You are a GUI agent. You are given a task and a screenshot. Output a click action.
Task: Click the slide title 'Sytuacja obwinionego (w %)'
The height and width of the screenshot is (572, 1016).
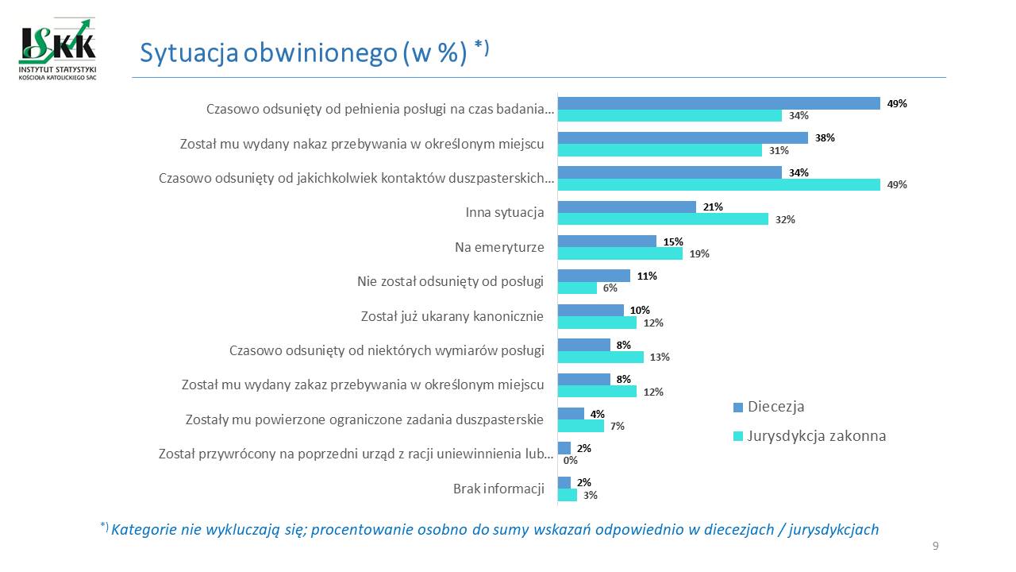(x=302, y=52)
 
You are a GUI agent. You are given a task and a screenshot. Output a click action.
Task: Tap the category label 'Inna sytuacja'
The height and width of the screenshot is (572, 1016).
(x=504, y=213)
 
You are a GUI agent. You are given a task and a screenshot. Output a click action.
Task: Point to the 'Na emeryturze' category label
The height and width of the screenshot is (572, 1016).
(x=499, y=247)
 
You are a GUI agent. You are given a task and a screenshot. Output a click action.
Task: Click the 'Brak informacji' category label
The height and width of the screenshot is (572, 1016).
(x=498, y=489)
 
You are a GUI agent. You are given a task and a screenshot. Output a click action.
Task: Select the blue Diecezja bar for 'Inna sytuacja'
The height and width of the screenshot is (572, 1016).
(x=627, y=207)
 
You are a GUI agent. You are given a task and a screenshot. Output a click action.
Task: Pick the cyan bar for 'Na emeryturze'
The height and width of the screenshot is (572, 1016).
(x=620, y=253)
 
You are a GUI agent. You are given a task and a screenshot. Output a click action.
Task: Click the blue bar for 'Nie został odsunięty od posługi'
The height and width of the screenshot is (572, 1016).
(x=594, y=276)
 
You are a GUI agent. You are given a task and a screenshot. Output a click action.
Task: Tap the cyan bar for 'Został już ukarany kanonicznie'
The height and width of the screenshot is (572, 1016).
(x=597, y=323)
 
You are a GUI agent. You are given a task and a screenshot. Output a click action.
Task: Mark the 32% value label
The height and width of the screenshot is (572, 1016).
(x=786, y=219)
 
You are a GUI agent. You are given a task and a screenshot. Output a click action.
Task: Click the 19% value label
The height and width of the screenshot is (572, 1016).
(x=699, y=254)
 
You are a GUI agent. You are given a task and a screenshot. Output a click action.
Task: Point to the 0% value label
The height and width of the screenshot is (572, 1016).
(x=569, y=460)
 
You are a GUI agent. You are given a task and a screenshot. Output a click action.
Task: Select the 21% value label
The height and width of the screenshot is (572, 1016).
(x=713, y=207)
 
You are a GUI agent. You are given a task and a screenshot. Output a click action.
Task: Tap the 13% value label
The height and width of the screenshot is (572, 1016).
(x=660, y=357)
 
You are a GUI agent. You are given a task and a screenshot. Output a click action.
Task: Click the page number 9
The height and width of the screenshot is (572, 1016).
(x=936, y=545)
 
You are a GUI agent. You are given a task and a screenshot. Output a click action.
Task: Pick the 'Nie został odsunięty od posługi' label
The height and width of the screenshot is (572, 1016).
(x=450, y=281)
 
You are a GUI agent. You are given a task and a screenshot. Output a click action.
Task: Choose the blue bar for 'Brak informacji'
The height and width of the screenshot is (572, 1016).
(x=564, y=482)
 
